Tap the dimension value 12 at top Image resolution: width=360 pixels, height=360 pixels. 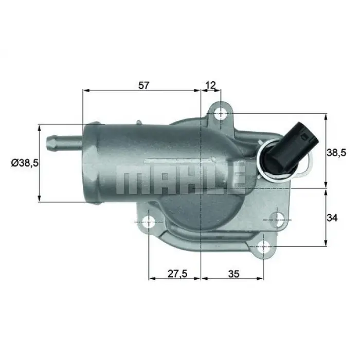tap(210, 85)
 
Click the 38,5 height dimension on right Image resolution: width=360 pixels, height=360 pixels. tap(337, 152)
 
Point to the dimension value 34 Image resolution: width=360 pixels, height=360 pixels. tap(332, 218)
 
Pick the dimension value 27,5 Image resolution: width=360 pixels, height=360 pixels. tap(176, 274)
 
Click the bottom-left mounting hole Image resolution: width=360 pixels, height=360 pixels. tap(149, 223)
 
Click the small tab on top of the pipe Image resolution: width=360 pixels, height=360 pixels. tap(139, 122)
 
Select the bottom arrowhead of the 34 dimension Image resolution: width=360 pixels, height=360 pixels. tap(326, 243)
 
